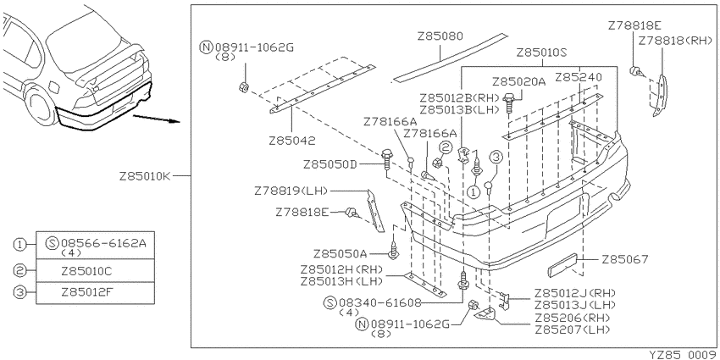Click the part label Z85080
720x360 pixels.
click(x=440, y=36)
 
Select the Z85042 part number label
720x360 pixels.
click(x=292, y=141)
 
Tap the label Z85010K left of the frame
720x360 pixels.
click(x=145, y=176)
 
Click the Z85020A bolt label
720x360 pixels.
click(x=519, y=82)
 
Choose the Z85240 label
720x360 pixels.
click(x=578, y=77)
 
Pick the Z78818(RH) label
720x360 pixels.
click(x=674, y=41)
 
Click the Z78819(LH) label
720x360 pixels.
click(x=291, y=191)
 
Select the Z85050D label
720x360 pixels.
click(x=330, y=164)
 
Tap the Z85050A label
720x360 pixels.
click(x=341, y=254)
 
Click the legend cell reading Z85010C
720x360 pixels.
click(x=96, y=271)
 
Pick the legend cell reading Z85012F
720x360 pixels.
click(x=96, y=293)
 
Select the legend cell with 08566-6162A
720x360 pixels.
click(x=96, y=245)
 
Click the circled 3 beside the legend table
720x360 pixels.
click(x=19, y=292)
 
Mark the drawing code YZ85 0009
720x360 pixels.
click(x=684, y=354)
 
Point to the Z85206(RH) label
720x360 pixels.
click(x=572, y=318)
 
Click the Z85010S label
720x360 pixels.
click(x=542, y=53)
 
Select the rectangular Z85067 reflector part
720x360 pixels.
click(x=563, y=265)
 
